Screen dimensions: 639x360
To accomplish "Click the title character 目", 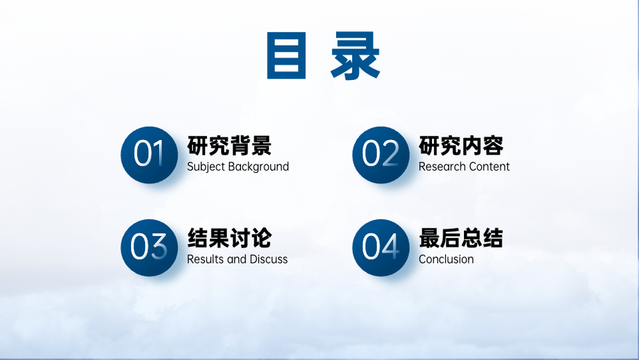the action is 286,56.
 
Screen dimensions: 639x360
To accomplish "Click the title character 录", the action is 355,56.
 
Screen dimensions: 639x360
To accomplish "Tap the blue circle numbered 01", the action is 149,155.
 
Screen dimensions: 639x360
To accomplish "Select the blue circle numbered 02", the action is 381,155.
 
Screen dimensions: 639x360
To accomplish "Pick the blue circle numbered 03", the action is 149,247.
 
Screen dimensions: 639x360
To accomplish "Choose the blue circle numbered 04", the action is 381,247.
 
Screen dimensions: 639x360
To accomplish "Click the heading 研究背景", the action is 229,146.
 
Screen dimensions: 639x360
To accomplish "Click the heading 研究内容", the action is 461,146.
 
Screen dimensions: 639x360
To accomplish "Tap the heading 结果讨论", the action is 229,238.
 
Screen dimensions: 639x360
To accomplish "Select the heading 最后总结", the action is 461,238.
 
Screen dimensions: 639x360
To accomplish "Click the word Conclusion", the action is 446,259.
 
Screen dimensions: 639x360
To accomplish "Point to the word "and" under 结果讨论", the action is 237,259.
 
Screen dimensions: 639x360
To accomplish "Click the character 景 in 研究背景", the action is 261,146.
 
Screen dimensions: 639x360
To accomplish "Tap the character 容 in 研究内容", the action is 493,146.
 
